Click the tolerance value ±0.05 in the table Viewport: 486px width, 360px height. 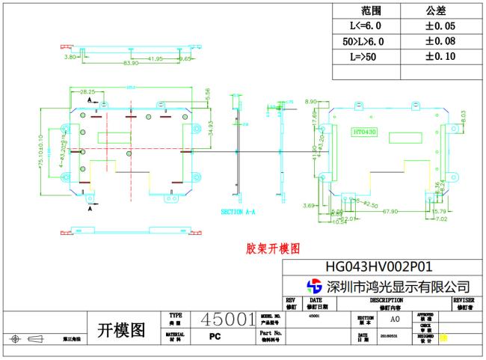(440, 26)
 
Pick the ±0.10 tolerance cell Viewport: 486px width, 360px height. (440, 56)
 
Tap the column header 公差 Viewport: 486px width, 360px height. (436, 10)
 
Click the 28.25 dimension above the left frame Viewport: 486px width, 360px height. (87, 91)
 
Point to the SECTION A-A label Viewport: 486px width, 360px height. (238, 212)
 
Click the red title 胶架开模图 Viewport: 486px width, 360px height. (273, 248)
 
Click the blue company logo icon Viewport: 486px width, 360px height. (315, 286)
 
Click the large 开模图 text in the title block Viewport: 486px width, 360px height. (122, 330)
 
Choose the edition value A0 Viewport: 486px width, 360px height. (394, 319)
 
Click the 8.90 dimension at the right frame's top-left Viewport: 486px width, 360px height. (311, 101)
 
